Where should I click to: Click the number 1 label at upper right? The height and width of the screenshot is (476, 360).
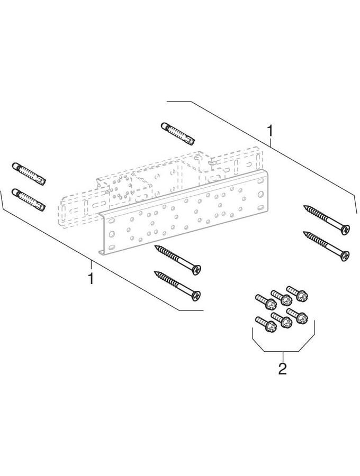click(269, 132)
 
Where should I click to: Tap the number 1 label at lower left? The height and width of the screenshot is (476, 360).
click(91, 278)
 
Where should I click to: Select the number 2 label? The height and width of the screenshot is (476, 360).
click(283, 369)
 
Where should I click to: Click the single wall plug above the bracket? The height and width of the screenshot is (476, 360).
click(178, 134)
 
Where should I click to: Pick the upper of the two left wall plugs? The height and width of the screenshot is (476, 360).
click(29, 174)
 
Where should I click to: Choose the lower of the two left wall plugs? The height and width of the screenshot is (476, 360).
click(29, 199)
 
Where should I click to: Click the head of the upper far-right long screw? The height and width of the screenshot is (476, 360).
click(345, 230)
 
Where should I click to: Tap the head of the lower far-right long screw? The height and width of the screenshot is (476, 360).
click(345, 256)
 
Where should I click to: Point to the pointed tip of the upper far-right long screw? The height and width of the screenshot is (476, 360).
click(304, 206)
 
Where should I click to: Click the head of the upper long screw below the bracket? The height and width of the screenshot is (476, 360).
click(196, 270)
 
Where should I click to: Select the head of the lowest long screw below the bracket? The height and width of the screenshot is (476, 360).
click(196, 295)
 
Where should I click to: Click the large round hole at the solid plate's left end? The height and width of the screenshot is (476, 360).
click(112, 234)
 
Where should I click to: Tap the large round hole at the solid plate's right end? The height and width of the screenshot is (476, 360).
click(260, 194)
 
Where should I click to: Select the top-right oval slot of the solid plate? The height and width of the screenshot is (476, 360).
click(260, 181)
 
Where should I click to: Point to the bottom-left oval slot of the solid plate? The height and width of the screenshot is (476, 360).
click(112, 247)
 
